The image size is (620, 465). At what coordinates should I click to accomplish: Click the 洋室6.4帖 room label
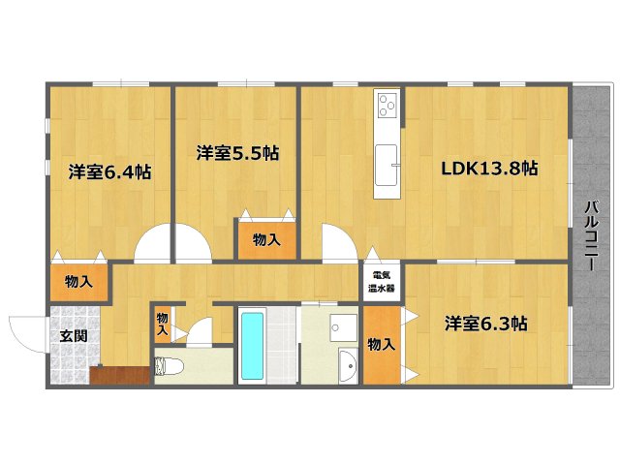click(109, 172)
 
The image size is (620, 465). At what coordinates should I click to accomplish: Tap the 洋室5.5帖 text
click(237, 152)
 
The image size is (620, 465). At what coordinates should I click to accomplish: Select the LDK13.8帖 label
click(489, 168)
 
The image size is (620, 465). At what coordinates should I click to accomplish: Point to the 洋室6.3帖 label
click(487, 322)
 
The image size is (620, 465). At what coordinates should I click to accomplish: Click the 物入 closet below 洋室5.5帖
click(266, 239)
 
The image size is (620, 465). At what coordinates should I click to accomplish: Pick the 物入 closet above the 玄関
click(79, 282)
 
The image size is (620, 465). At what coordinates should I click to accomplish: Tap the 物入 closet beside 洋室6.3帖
click(381, 343)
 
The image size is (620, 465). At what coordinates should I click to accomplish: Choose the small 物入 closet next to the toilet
click(162, 324)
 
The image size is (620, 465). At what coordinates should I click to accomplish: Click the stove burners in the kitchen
click(387, 104)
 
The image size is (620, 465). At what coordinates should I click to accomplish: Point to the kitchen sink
click(387, 163)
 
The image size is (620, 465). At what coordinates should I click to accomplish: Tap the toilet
click(170, 367)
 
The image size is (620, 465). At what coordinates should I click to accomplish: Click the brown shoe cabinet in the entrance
click(118, 375)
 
